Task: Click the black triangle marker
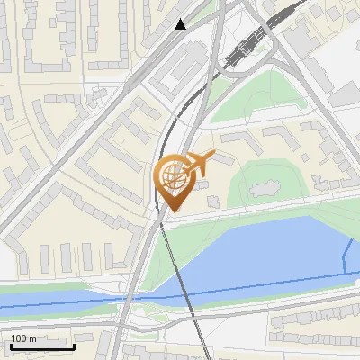pos(181,24)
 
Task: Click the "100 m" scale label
pos(23,338)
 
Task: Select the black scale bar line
pos(41,346)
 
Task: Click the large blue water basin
pos(270,252)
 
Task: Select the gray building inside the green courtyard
pos(265,189)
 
